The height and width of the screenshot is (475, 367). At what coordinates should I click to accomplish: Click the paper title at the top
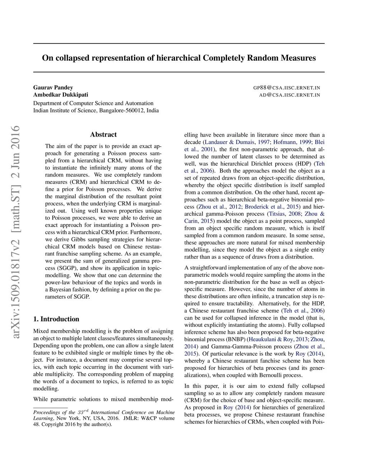point(179,58)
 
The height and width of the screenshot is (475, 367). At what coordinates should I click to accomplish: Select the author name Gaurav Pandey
point(53,87)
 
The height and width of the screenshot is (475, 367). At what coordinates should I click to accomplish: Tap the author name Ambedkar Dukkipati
point(61,95)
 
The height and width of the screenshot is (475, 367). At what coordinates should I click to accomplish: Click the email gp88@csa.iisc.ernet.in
point(286,87)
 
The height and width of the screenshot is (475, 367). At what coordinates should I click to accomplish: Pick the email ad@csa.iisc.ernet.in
point(290,95)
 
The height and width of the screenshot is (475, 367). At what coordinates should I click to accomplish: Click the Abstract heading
point(103,135)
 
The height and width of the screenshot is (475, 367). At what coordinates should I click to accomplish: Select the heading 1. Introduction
point(56,319)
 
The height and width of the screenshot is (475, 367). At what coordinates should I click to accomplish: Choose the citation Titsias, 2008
point(285,214)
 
